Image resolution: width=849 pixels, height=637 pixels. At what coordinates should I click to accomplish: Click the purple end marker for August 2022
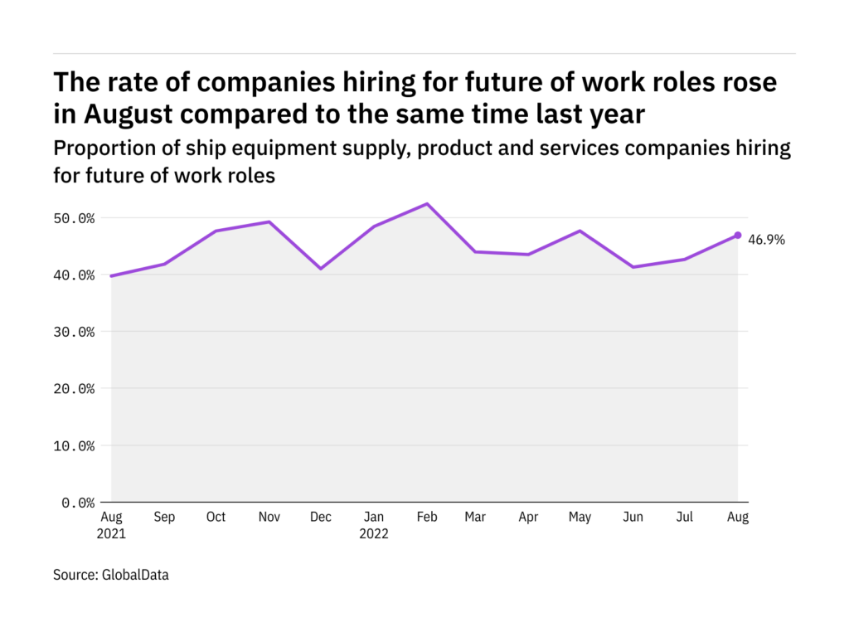coord(738,236)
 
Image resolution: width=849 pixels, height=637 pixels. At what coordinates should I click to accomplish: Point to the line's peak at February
coord(426,204)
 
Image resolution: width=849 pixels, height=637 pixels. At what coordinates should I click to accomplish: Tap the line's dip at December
coord(321,269)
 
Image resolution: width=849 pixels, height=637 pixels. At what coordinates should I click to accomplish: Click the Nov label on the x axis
coord(269,518)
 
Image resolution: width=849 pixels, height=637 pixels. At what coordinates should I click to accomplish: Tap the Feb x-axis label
coord(426,518)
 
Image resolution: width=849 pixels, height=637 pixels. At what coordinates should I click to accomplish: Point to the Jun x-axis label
coord(633,518)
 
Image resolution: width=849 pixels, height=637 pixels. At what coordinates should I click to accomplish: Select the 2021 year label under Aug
coord(111,534)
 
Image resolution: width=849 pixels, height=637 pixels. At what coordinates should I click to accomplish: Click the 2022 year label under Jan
coord(374,534)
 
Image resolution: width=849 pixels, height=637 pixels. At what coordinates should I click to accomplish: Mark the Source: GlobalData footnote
coord(110,574)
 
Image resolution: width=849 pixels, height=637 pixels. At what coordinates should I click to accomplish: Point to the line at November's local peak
coord(269,221)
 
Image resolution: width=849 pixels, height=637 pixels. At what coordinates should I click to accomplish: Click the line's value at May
coord(580,231)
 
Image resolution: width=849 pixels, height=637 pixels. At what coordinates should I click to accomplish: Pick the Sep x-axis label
coord(164,518)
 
